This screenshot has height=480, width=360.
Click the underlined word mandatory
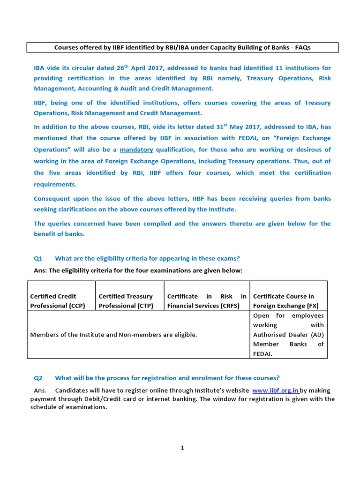click(x=136, y=150)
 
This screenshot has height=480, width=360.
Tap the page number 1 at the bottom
click(x=182, y=448)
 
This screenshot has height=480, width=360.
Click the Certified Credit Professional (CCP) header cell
click(x=61, y=300)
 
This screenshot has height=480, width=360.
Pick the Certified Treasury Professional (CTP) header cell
click(x=129, y=300)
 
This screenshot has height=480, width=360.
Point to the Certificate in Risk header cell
click(x=207, y=300)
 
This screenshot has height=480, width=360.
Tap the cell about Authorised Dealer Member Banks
click(x=288, y=335)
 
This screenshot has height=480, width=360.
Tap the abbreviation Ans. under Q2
click(x=40, y=390)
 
